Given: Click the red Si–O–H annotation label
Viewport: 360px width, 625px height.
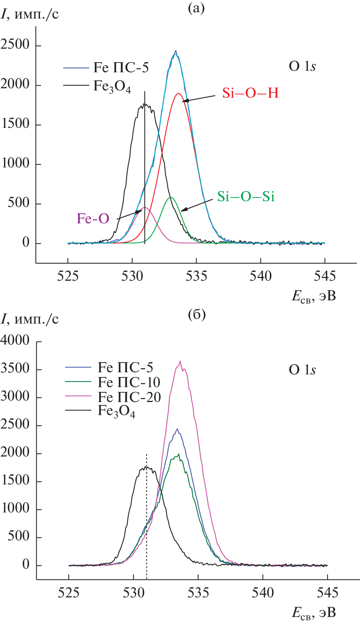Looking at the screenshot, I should point(250,93).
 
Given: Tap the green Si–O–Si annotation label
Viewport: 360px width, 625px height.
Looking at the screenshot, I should point(246,196).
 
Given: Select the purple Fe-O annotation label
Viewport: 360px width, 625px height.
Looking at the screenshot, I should point(93,218).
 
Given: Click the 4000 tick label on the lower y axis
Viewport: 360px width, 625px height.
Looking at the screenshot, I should point(15,340).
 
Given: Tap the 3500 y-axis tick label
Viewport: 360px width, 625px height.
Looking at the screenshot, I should point(15,368).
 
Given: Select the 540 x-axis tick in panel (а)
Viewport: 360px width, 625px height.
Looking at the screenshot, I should point(260,276).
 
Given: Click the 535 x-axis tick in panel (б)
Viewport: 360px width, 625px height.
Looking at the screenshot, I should point(198,593).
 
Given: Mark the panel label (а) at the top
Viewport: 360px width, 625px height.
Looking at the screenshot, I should point(196,8).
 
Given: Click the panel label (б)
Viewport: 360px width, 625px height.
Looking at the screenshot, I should point(197,314).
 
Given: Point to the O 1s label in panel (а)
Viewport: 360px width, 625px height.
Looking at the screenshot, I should point(302,66).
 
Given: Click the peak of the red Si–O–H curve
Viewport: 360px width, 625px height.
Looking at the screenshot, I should point(178,94).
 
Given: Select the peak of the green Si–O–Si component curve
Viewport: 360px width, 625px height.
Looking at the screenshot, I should point(170,198).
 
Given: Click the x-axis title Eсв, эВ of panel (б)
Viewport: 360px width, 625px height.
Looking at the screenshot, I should point(314,613).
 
